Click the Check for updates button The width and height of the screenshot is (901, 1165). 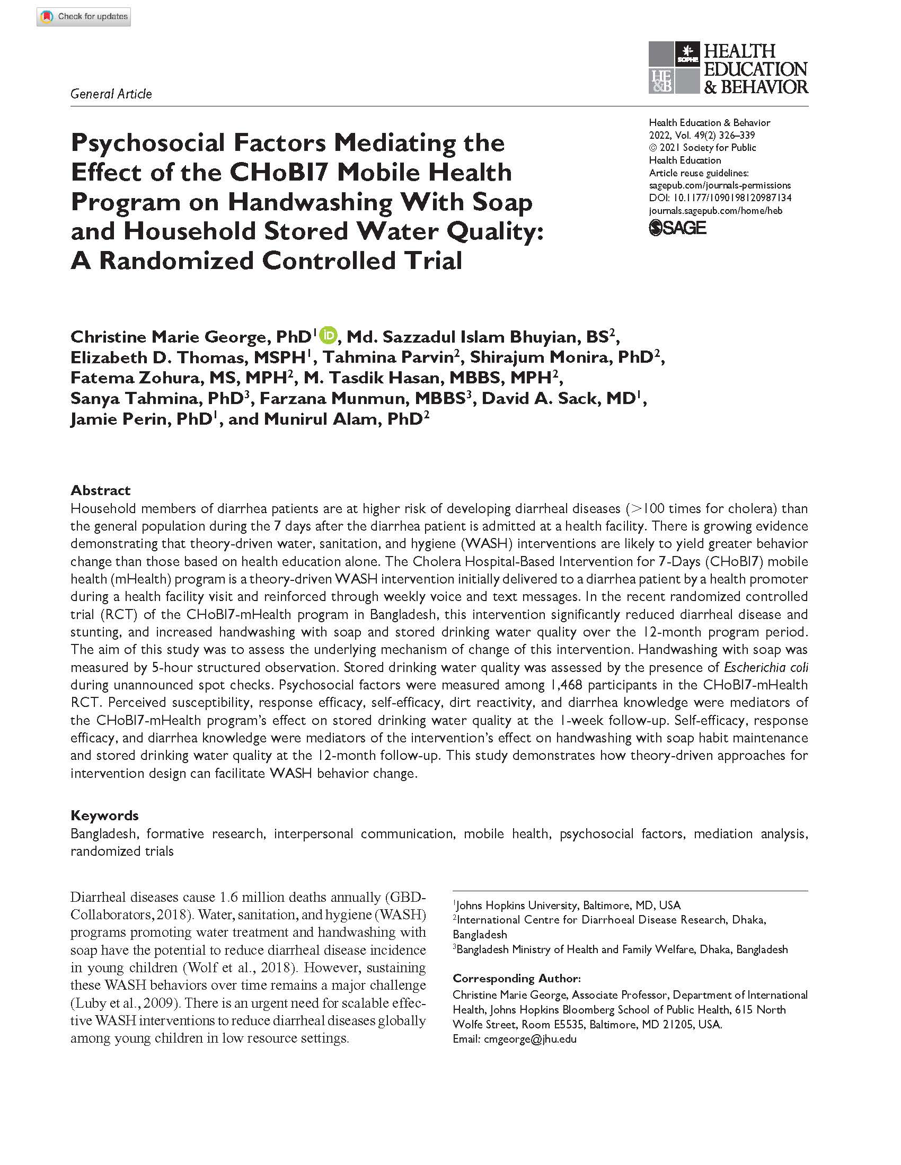pos(84,17)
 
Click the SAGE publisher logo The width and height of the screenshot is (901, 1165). pos(677,228)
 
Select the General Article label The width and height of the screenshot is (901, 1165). pos(111,94)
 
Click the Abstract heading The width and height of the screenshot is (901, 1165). pos(100,490)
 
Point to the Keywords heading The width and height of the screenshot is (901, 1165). pos(104,815)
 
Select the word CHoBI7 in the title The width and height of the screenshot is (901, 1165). pos(279,172)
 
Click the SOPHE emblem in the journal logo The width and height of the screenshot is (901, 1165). pos(687,53)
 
